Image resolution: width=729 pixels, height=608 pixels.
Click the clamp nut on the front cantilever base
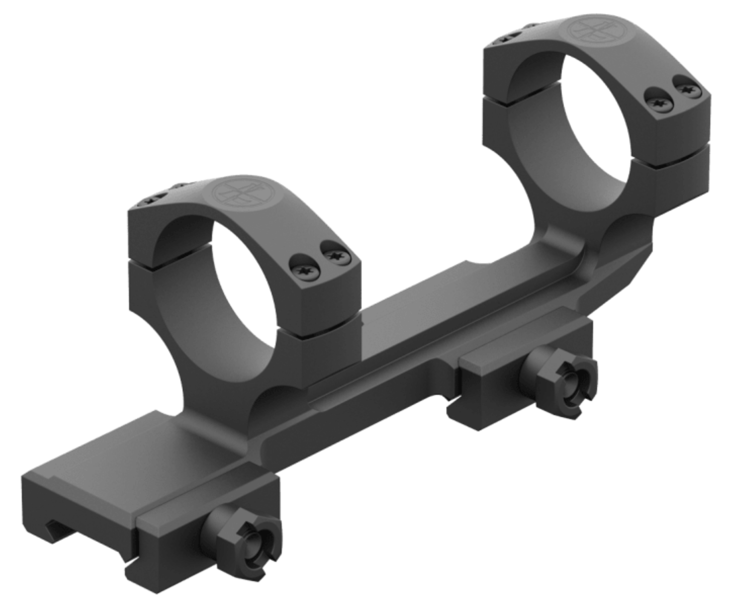pos(244,542)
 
